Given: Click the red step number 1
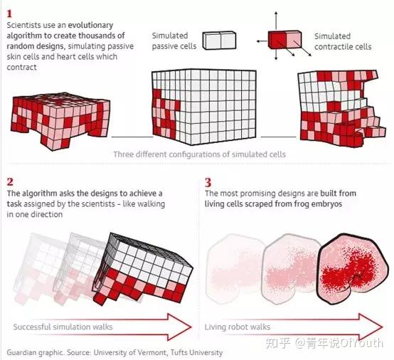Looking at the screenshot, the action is pos(9,14).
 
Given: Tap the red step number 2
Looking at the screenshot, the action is pos(10,181).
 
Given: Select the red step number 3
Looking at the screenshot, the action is pos(208,182).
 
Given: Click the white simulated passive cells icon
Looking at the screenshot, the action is pos(219,41).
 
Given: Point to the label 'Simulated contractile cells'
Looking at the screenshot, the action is pos(343,41).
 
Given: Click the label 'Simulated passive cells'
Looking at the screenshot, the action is pos(174,41).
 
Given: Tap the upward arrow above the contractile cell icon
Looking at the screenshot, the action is pos(276,21).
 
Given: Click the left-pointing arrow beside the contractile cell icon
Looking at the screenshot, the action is pos(262,41).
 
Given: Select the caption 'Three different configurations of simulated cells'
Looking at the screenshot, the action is pos(200,154).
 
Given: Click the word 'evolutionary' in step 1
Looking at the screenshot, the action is pos(90,26).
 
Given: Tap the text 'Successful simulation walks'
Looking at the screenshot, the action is pos(63,327).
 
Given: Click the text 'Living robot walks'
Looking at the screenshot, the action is pos(238,327).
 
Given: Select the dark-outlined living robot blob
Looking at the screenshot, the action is pos(353,270).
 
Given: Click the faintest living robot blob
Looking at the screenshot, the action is pos(235,269).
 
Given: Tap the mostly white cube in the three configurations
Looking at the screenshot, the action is pos(204,107).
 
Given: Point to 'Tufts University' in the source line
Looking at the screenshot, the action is pos(196,352).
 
